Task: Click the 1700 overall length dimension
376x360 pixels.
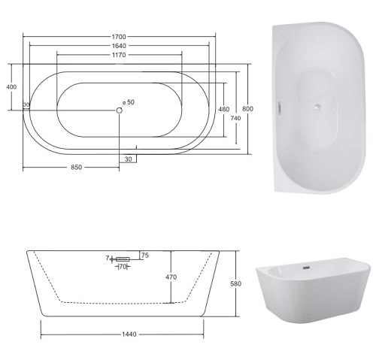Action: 119,37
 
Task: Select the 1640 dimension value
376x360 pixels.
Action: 119,46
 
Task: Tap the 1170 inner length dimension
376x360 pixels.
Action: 119,55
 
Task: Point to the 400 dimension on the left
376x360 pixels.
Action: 11,87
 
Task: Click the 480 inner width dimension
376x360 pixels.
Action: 224,109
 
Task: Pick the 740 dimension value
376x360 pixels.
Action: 235,118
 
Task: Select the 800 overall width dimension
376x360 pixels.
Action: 247,109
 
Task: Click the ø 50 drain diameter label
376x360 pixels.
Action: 129,102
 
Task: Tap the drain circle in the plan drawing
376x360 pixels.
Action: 120,110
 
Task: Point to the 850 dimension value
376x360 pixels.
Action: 76,167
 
